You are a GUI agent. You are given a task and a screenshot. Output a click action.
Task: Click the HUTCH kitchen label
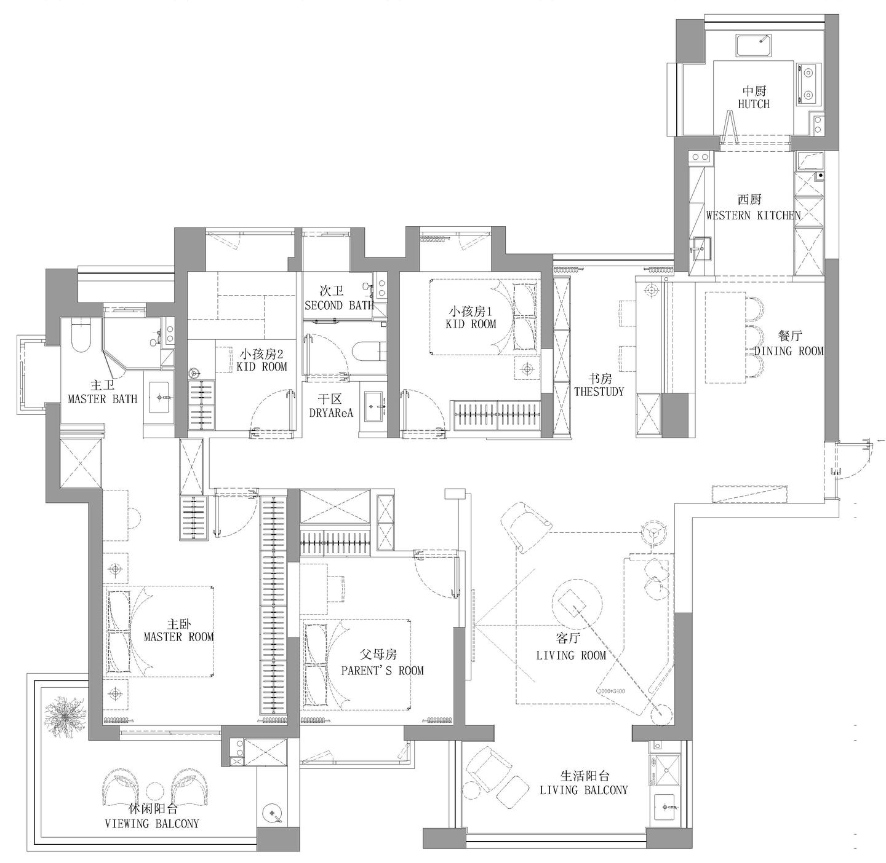click(754, 104)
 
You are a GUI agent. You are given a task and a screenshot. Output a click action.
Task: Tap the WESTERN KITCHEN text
click(753, 215)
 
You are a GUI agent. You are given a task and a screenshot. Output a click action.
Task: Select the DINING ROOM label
click(789, 351)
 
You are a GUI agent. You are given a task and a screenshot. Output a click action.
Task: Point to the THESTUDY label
click(599, 391)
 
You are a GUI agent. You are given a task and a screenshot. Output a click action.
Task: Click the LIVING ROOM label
click(571, 656)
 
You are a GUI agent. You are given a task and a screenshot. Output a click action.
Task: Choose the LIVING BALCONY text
click(584, 790)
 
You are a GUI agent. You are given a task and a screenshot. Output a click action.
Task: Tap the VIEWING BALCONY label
click(152, 824)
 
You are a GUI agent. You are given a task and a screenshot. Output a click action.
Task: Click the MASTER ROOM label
click(178, 636)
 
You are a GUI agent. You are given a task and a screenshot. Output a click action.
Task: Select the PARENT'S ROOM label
click(383, 670)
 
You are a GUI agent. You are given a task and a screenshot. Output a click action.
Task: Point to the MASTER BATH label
click(102, 399)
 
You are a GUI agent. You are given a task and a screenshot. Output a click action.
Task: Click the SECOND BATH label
click(339, 305)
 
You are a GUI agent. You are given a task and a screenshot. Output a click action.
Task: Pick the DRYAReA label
click(331, 412)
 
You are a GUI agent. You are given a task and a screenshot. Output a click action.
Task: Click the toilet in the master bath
click(82, 335)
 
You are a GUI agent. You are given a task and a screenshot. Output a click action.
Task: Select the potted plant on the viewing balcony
click(65, 720)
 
